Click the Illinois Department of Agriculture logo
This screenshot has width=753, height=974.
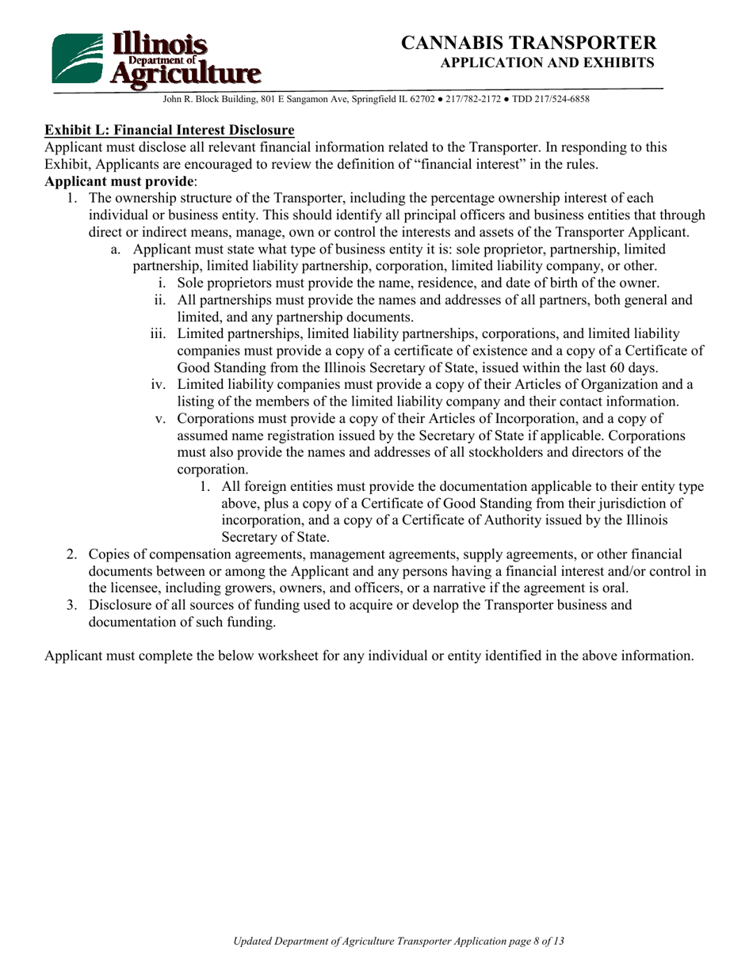(x=155, y=59)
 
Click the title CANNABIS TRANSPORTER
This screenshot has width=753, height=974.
(x=529, y=43)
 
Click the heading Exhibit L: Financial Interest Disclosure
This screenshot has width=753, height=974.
(x=170, y=130)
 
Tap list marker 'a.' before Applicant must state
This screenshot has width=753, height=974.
(x=116, y=249)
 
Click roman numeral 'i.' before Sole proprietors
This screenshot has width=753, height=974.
(x=162, y=283)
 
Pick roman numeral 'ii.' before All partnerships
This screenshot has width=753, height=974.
(x=160, y=300)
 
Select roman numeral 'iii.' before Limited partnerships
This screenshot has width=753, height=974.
(x=159, y=334)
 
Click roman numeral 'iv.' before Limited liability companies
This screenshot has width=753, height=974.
(x=159, y=385)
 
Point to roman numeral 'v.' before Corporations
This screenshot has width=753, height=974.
(x=160, y=418)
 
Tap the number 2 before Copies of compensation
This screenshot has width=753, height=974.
(x=71, y=555)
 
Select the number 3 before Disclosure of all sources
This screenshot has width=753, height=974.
(x=71, y=606)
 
